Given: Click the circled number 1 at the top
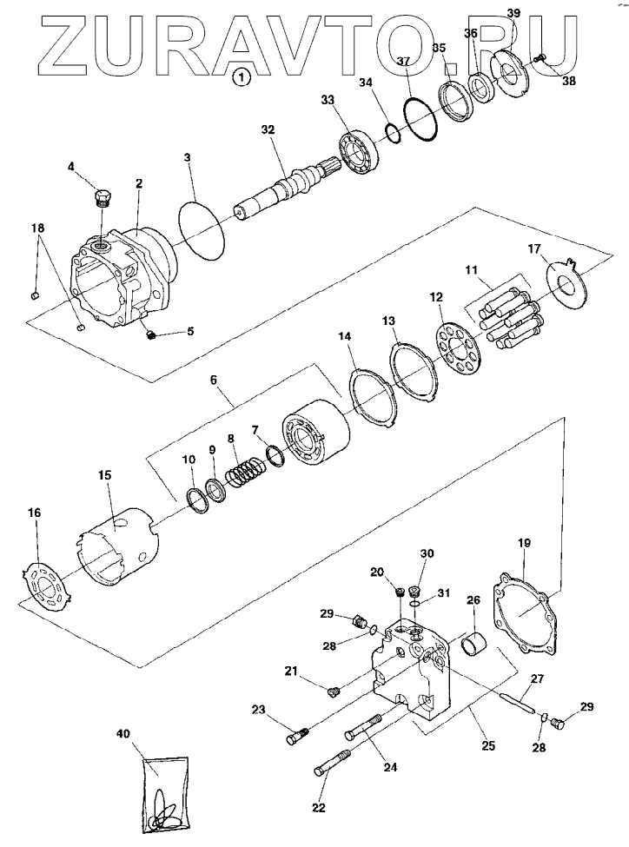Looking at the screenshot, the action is click(x=242, y=77).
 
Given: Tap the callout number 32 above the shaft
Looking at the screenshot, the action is click(x=268, y=130).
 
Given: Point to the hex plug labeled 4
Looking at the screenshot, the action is click(x=103, y=198).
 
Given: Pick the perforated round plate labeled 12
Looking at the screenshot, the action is click(x=458, y=349).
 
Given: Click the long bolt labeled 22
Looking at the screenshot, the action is click(x=332, y=763).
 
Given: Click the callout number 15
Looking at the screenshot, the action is click(x=104, y=475).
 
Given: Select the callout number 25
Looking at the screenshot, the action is click(x=488, y=746).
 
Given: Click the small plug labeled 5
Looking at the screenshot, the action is click(x=152, y=335).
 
